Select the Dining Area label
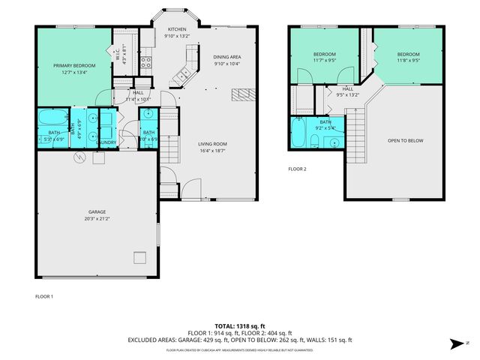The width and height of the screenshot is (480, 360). [226, 57]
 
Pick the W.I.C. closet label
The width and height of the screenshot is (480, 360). [118, 52]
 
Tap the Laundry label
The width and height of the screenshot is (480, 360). [106, 142]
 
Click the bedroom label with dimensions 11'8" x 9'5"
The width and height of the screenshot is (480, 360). [408, 54]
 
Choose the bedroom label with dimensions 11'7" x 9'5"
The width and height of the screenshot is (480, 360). [324, 54]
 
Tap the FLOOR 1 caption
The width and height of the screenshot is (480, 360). [44, 297]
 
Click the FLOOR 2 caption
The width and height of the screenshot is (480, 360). [298, 169]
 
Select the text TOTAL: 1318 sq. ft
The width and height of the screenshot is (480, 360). [239, 326]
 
